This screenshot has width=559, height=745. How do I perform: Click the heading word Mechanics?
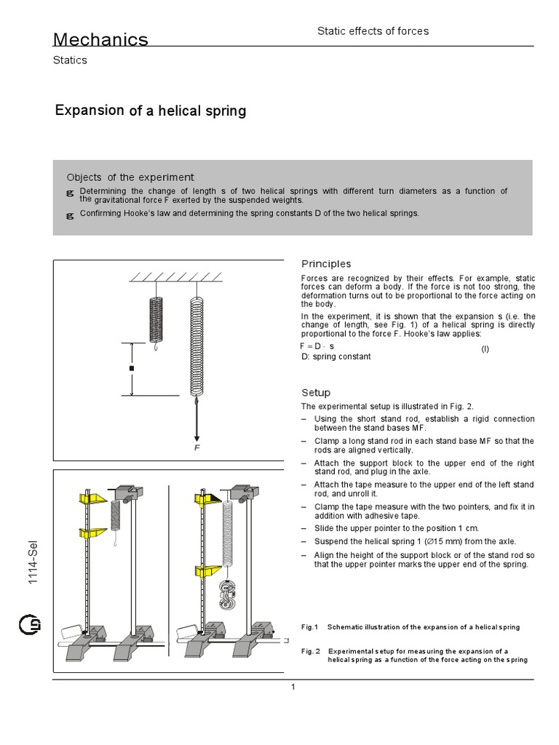point(101,39)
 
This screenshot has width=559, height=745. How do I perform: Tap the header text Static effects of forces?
point(373,31)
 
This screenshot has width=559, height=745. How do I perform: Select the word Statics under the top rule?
point(70,60)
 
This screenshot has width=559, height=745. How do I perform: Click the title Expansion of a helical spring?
point(151,111)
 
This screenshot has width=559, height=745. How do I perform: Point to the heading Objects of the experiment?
point(130,177)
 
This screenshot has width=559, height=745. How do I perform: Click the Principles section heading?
point(326,263)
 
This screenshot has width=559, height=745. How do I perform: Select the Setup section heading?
point(316,392)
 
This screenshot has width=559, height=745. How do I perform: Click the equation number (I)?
point(485,350)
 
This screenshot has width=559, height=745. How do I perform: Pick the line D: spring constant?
point(336,357)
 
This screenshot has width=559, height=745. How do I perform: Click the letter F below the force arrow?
point(197,449)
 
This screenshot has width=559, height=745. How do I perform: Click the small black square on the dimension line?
point(132,370)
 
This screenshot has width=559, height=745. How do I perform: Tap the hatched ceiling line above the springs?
point(175,277)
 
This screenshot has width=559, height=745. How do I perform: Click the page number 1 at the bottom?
point(293,688)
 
